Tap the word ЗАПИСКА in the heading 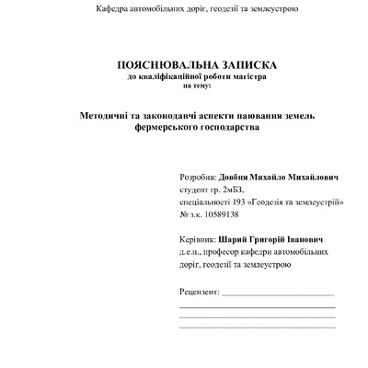tap(246, 65)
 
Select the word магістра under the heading tap(248, 77)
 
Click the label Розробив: tap(198, 174)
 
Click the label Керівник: tap(199, 238)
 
